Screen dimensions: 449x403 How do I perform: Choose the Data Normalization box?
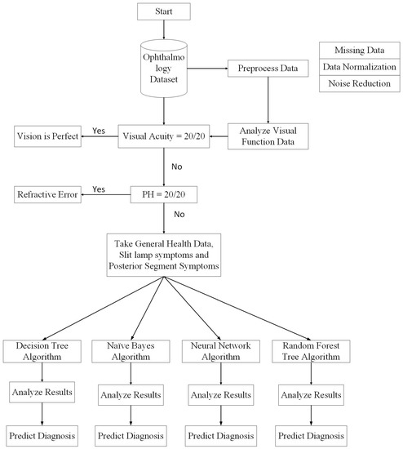click(357, 67)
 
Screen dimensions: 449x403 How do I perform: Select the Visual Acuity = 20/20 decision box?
click(165, 136)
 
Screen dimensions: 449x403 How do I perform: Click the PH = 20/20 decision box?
click(165, 194)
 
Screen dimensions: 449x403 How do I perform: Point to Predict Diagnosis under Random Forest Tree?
click(309, 433)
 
